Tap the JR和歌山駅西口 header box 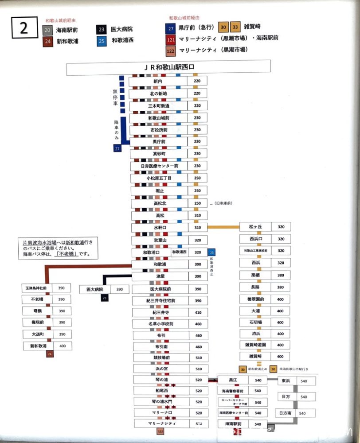point(168,68)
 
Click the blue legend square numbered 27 point(171,27)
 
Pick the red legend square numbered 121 point(171,39)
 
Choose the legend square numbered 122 point(171,50)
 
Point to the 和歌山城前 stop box point(158,119)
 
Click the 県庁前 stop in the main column point(158,142)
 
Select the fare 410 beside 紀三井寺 point(198,312)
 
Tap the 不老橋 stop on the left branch point(37,299)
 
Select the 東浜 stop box point(286,381)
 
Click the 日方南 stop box point(286,413)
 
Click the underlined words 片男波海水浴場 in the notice point(40,243)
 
